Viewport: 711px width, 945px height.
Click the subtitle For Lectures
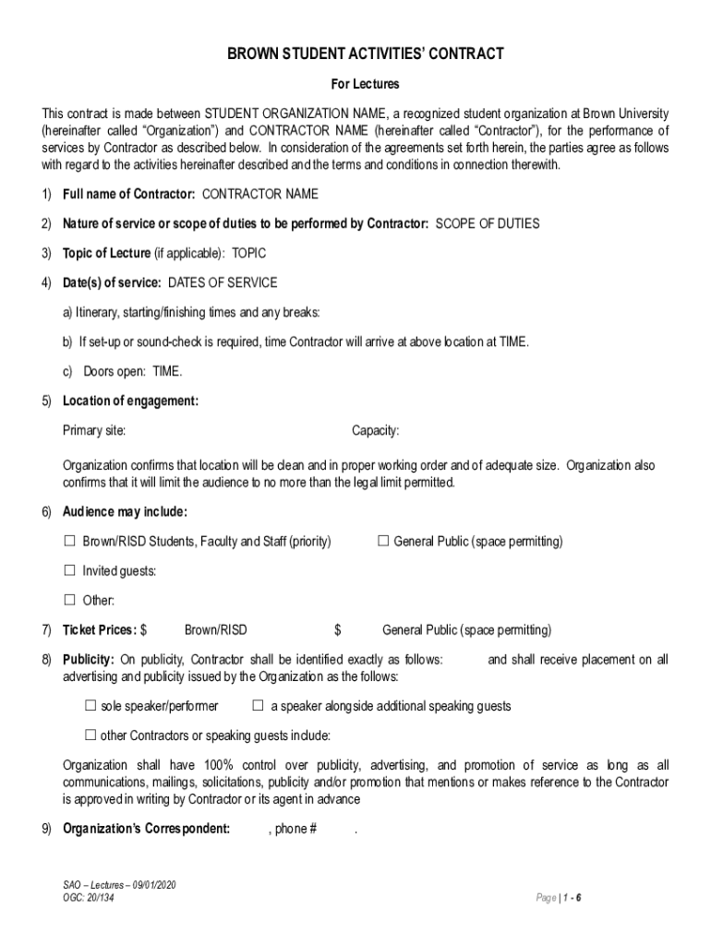(x=365, y=85)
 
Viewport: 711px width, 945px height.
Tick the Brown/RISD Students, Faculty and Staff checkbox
(x=69, y=541)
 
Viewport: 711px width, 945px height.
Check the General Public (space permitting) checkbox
(x=383, y=541)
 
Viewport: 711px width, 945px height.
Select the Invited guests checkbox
(x=69, y=570)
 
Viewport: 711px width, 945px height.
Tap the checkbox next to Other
(x=69, y=601)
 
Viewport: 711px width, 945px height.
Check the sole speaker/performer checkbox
(x=90, y=706)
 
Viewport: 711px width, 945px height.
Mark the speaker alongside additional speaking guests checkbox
(x=259, y=706)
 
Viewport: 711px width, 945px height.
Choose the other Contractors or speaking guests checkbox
(x=90, y=736)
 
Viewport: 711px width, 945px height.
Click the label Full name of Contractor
(x=127, y=195)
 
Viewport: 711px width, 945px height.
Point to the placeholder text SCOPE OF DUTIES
(x=488, y=224)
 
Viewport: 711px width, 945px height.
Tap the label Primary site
(x=94, y=431)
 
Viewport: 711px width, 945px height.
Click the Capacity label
(x=375, y=431)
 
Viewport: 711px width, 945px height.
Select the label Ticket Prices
(x=100, y=631)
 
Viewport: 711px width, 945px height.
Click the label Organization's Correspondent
(x=146, y=829)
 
